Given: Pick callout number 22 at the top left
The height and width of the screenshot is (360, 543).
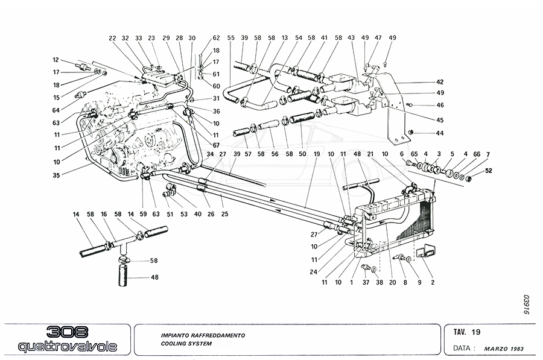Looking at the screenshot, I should click(x=112, y=37).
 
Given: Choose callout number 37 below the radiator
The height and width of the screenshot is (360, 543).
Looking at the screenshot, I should click(x=365, y=282).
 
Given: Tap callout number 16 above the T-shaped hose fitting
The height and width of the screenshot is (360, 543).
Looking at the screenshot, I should click(x=104, y=215).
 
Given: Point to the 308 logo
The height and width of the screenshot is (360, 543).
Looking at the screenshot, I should click(x=68, y=332).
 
